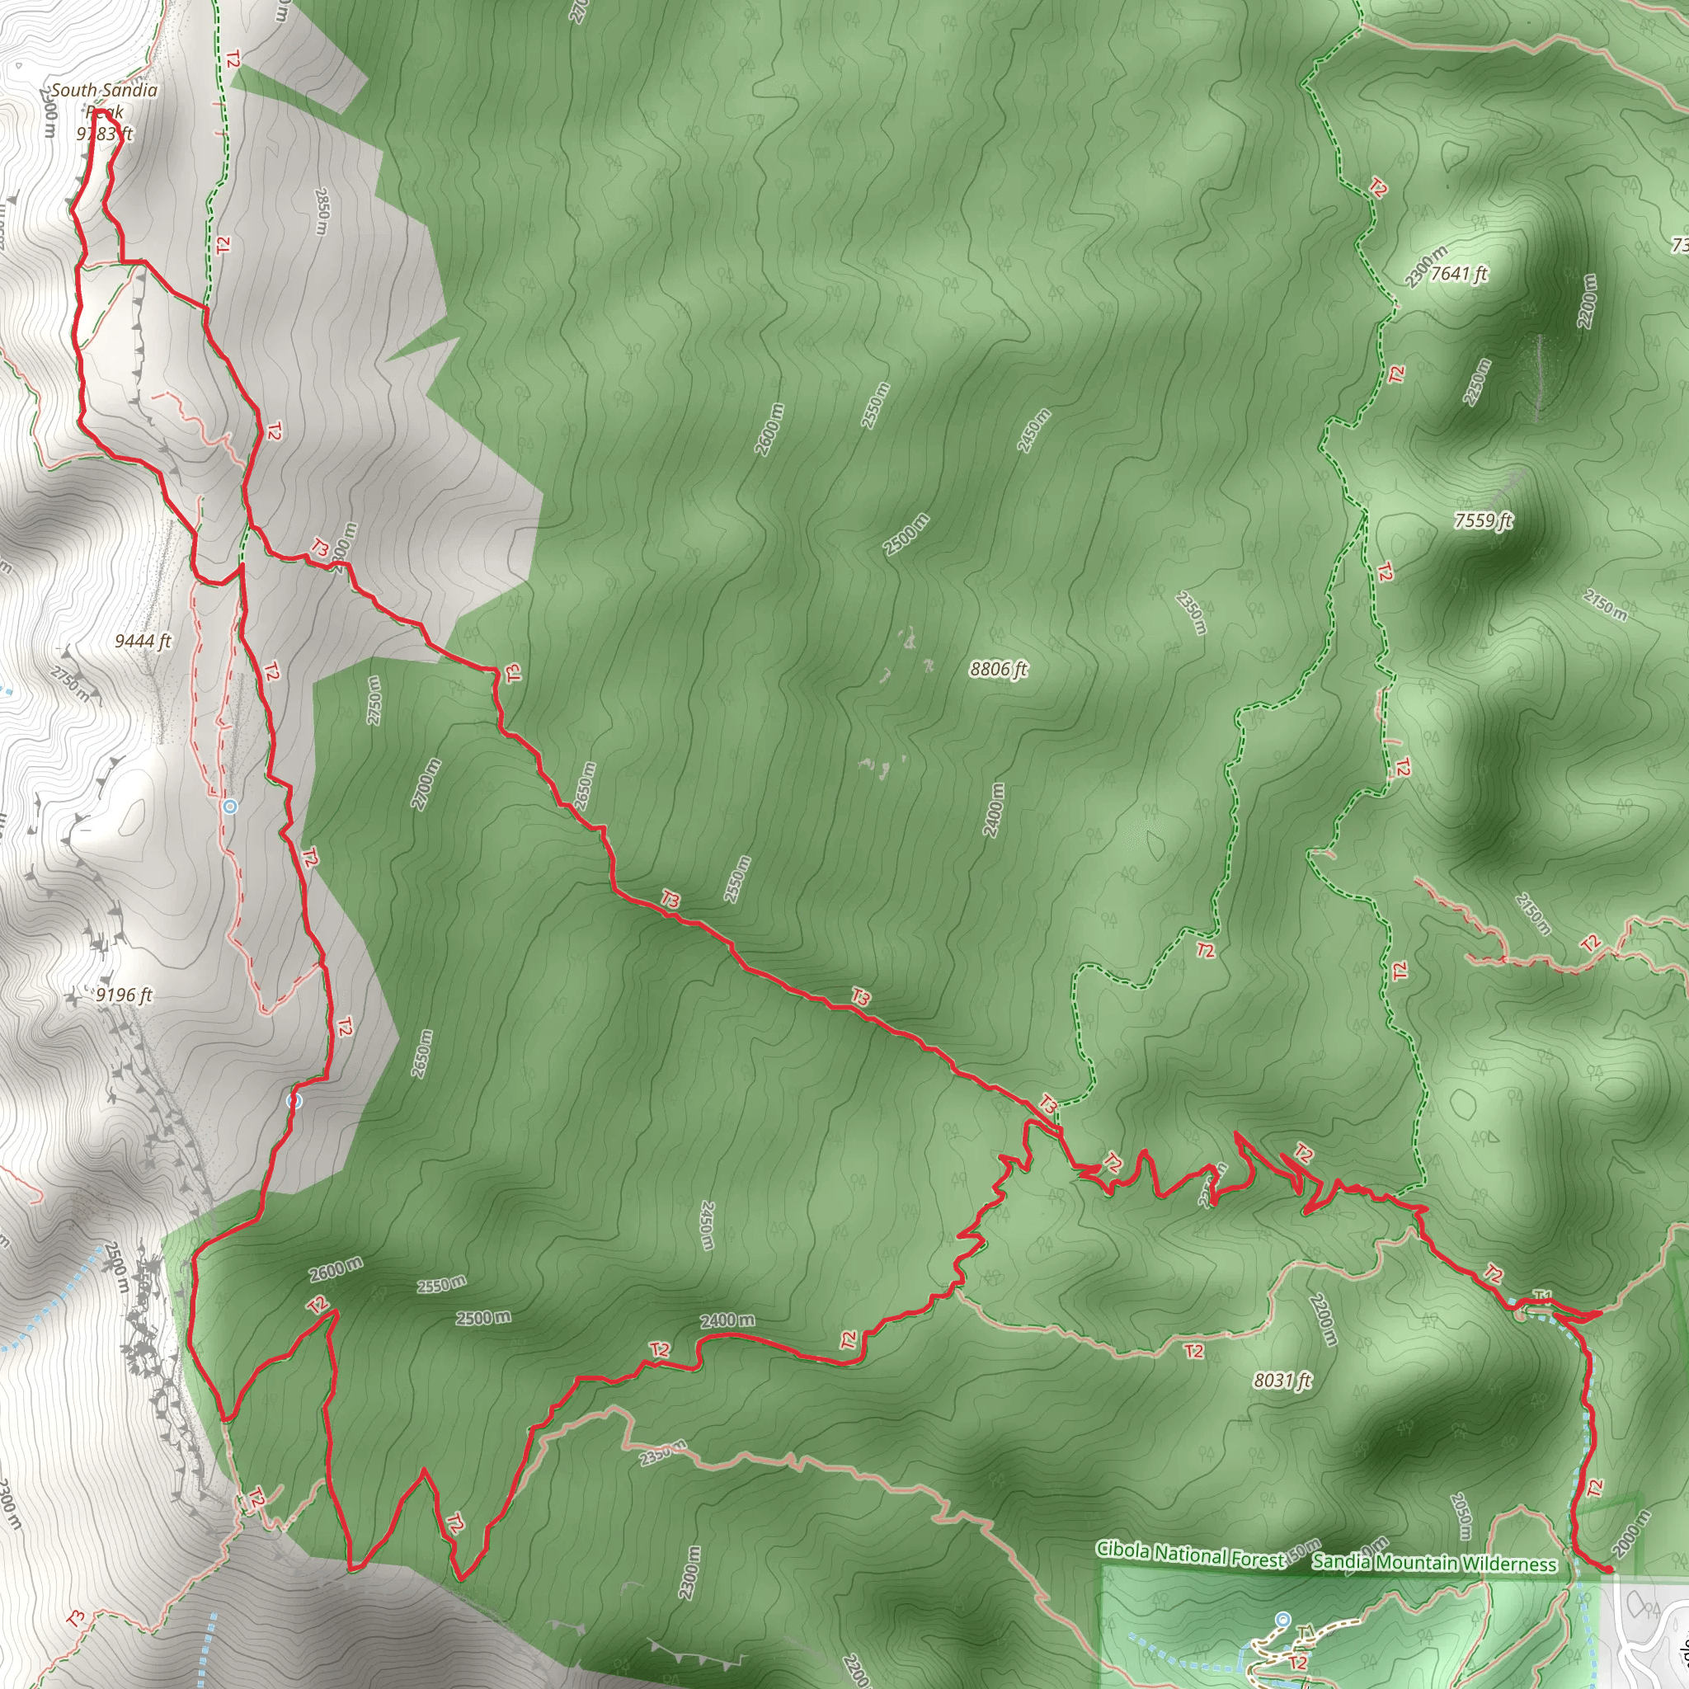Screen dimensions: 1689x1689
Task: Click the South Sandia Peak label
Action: pyautogui.click(x=104, y=100)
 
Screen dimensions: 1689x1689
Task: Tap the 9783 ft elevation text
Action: pyautogui.click(x=104, y=134)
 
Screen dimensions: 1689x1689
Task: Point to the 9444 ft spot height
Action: pyautogui.click(x=143, y=641)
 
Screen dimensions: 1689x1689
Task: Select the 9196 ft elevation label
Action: pyautogui.click(x=125, y=995)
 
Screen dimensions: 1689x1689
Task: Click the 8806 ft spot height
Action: pyautogui.click(x=999, y=669)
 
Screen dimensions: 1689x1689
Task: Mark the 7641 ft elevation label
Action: pyautogui.click(x=1458, y=274)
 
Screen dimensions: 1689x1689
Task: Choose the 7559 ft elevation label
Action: pyautogui.click(x=1483, y=520)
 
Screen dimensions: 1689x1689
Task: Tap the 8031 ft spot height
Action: pyautogui.click(x=1282, y=1380)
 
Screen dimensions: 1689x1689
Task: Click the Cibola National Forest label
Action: pyautogui.click(x=1190, y=1554)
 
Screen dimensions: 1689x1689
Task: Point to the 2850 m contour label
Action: pyautogui.click(x=322, y=210)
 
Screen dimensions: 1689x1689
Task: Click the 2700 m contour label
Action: pyautogui.click(x=426, y=784)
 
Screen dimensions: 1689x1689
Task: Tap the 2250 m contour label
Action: pyautogui.click(x=1475, y=382)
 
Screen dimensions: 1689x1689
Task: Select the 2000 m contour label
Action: pyautogui.click(x=1630, y=1533)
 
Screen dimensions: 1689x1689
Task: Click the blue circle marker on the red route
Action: pyautogui.click(x=294, y=1101)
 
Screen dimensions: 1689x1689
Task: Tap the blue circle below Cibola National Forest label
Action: pyautogui.click(x=1282, y=1619)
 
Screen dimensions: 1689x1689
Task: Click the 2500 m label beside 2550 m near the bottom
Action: pyautogui.click(x=482, y=1317)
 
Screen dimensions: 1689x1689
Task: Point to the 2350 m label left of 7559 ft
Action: pyautogui.click(x=1192, y=612)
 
